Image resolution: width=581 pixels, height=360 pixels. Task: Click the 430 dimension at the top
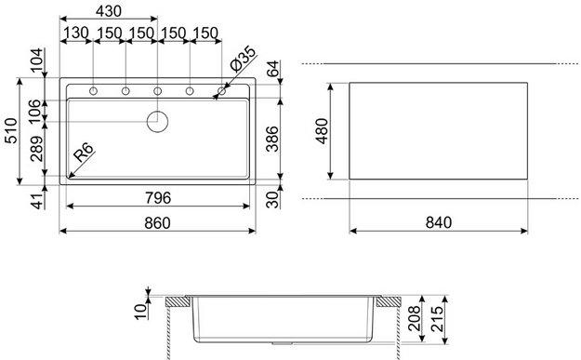pyautogui.click(x=109, y=11)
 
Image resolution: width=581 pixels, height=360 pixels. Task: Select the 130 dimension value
pyautogui.click(x=77, y=33)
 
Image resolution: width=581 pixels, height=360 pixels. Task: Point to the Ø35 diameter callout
pyautogui.click(x=241, y=63)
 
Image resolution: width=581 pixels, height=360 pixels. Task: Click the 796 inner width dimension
pyautogui.click(x=158, y=196)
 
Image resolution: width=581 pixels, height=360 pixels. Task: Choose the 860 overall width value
pyautogui.click(x=159, y=222)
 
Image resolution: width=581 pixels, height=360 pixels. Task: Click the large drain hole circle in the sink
pyautogui.click(x=159, y=120)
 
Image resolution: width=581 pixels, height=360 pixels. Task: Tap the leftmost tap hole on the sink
pyautogui.click(x=94, y=91)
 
